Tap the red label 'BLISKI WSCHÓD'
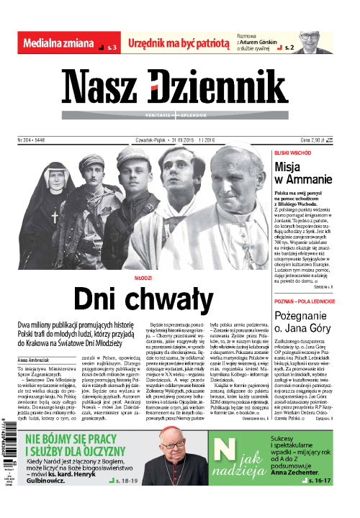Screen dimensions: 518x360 pos(292,153)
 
